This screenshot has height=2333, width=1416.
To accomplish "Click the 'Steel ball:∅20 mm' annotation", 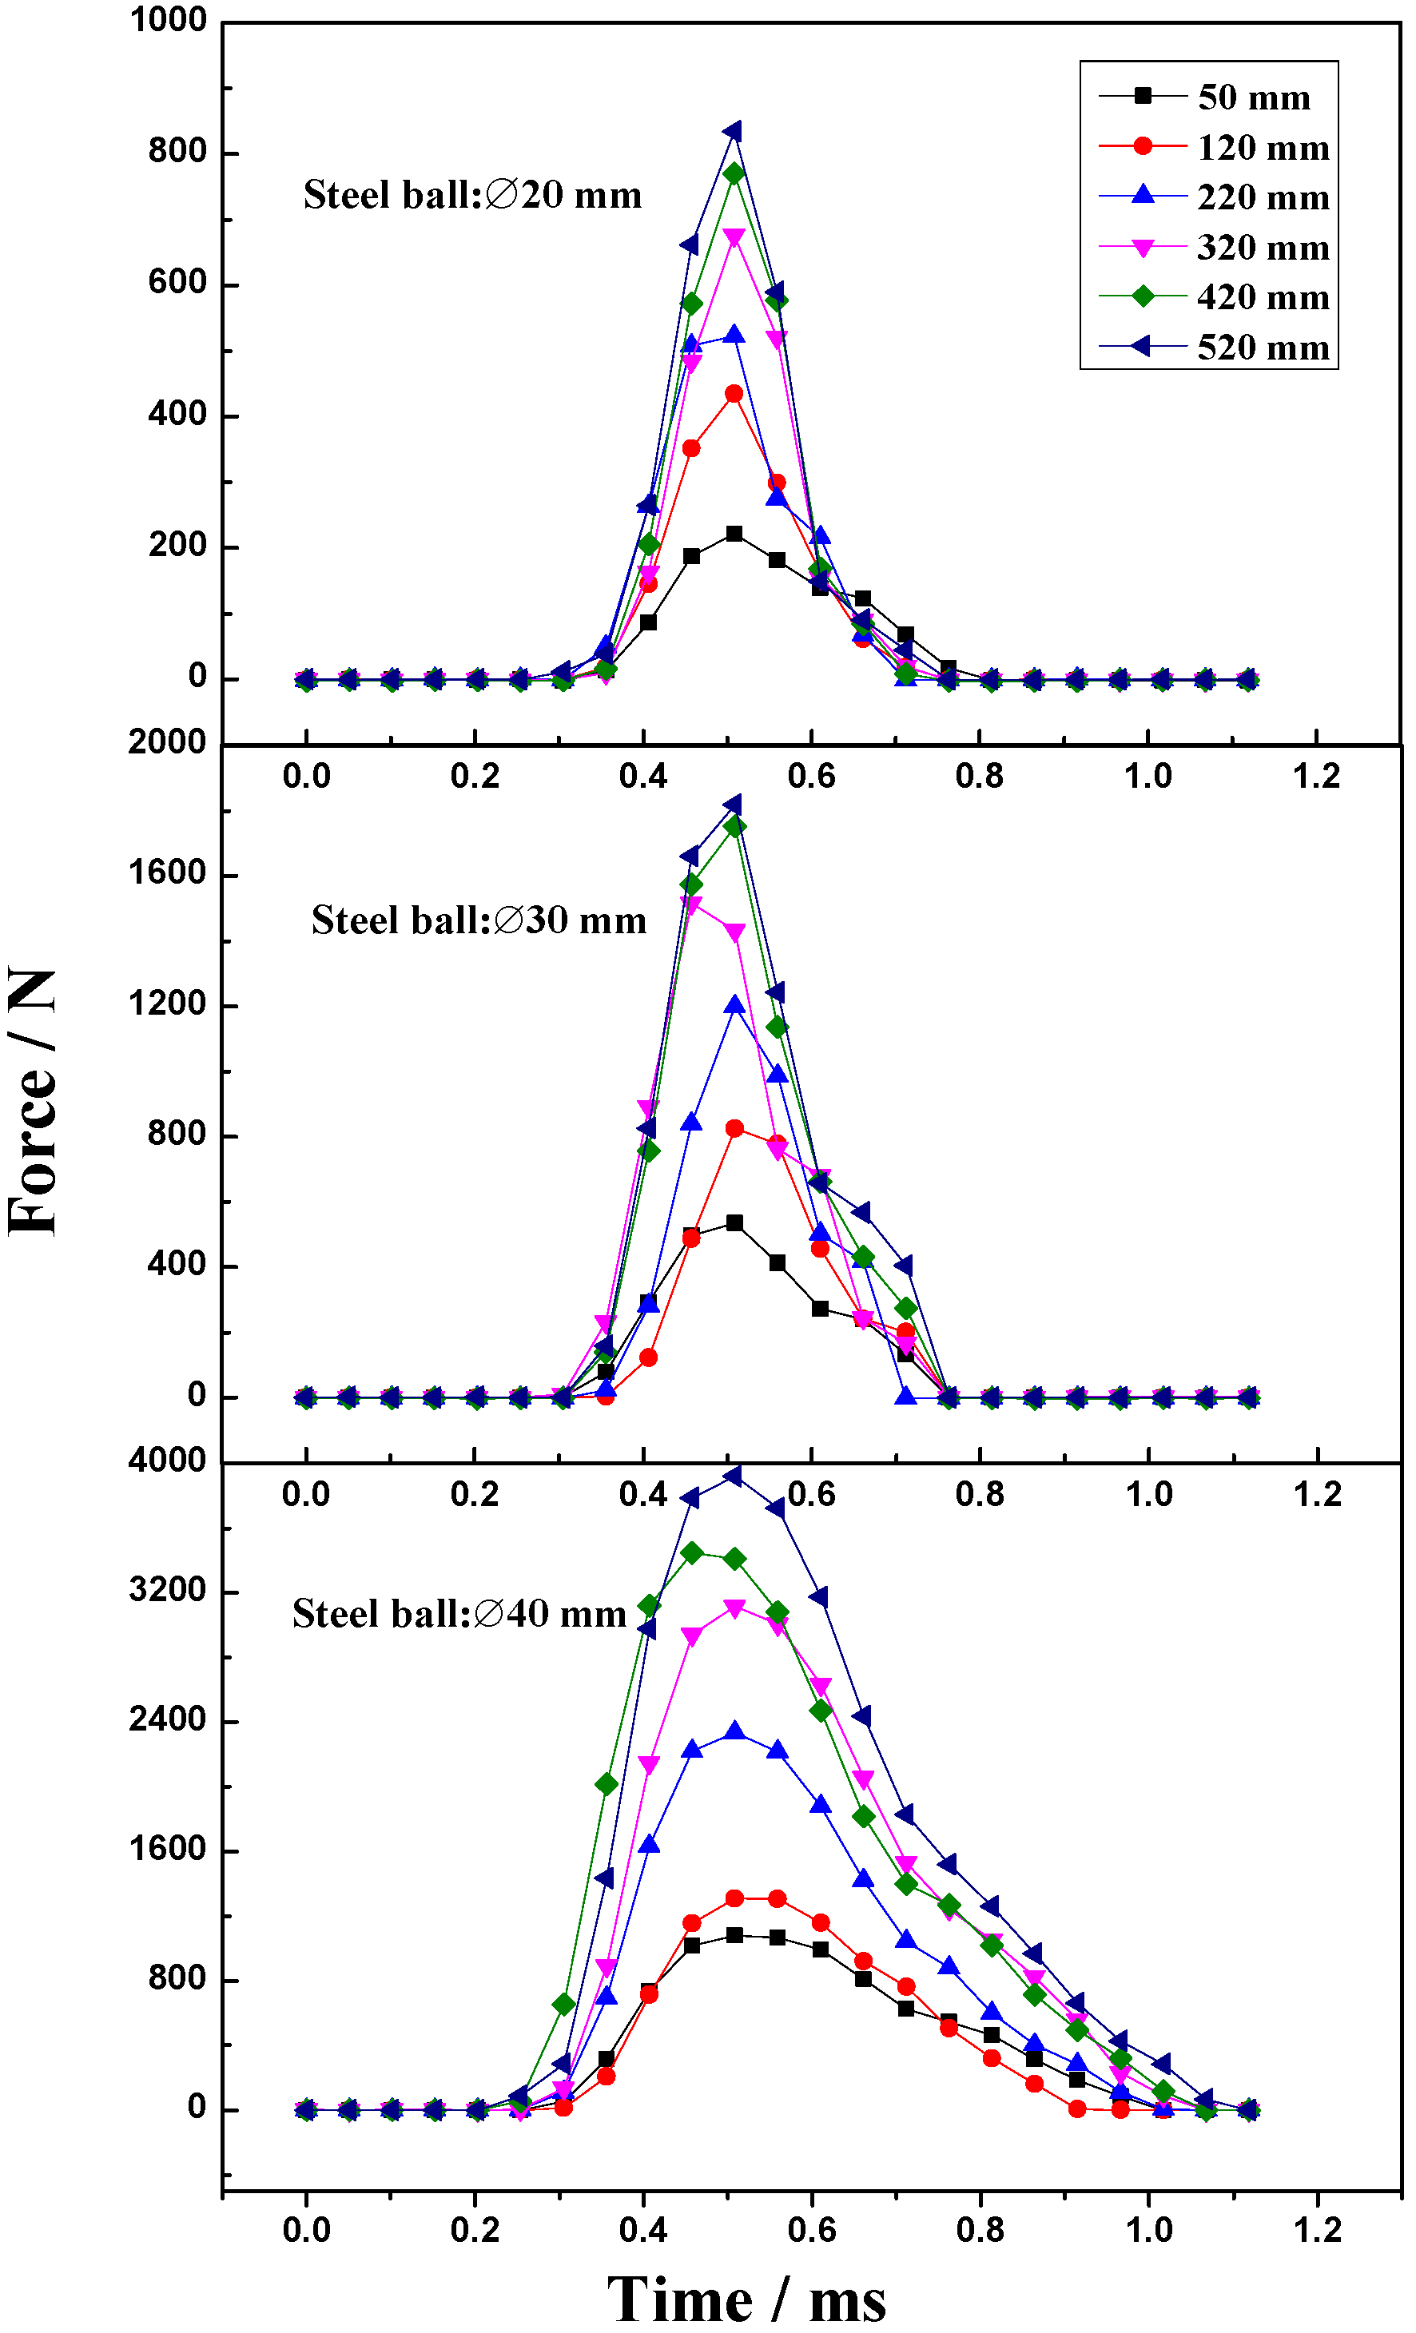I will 471,195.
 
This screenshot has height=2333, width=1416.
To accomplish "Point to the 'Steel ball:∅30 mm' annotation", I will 479,920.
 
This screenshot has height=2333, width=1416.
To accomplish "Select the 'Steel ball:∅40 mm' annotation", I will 459,1613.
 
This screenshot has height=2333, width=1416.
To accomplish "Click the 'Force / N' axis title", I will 33,1103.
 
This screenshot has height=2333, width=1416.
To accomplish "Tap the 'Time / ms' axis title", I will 746,2298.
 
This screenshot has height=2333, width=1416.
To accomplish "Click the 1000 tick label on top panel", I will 168,20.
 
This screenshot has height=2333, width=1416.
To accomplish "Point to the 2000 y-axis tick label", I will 168,742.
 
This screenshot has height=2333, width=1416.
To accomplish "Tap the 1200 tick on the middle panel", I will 168,1004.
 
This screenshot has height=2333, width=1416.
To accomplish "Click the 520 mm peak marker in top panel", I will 733,132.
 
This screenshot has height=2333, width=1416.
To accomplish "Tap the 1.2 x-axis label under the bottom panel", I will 1317,2230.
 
